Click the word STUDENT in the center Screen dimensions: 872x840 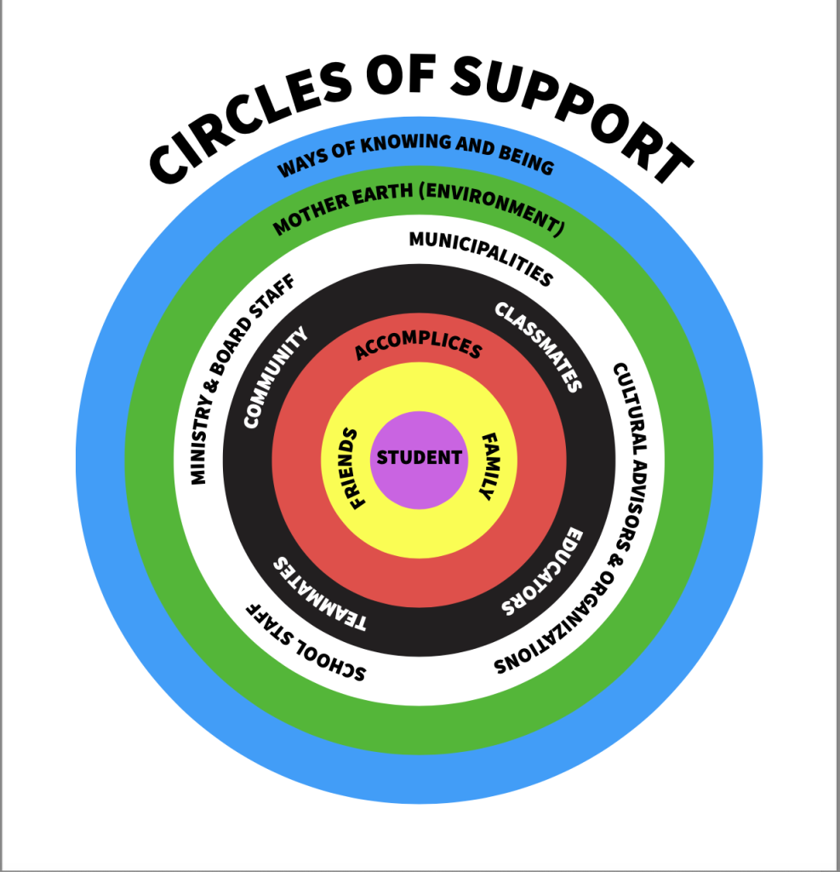tap(420, 458)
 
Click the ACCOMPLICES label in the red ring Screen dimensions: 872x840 tap(418, 346)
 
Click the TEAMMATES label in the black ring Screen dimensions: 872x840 tap(318, 595)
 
